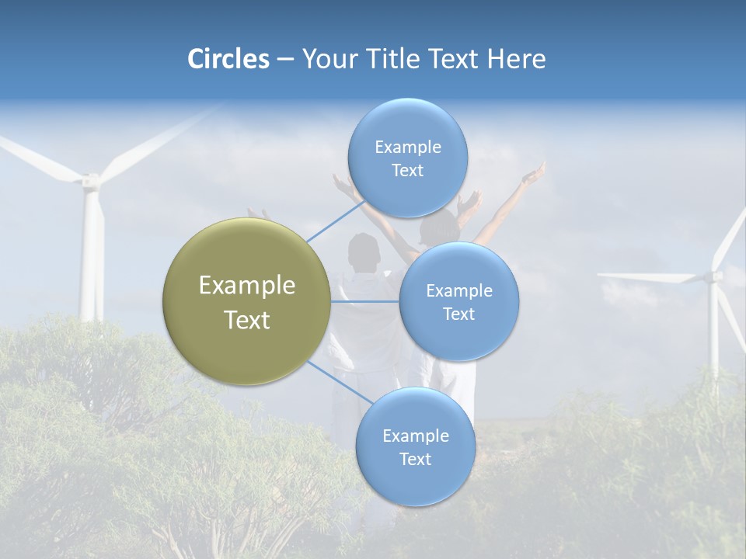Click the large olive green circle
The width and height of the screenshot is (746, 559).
point(246,301)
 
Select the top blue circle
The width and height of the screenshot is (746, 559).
point(407,158)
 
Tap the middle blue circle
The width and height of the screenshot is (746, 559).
point(458,301)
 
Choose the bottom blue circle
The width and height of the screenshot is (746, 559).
point(415,446)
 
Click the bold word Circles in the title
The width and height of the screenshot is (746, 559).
point(228,59)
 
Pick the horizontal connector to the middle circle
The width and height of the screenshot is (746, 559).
point(365,301)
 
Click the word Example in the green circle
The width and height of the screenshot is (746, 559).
point(246,285)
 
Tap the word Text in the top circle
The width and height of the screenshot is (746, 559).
point(407,171)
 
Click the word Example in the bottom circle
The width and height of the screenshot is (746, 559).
point(415,436)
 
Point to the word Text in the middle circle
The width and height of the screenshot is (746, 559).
point(458,314)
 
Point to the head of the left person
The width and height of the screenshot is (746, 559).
point(363,250)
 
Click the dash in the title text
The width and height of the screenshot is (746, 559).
point(285,60)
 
